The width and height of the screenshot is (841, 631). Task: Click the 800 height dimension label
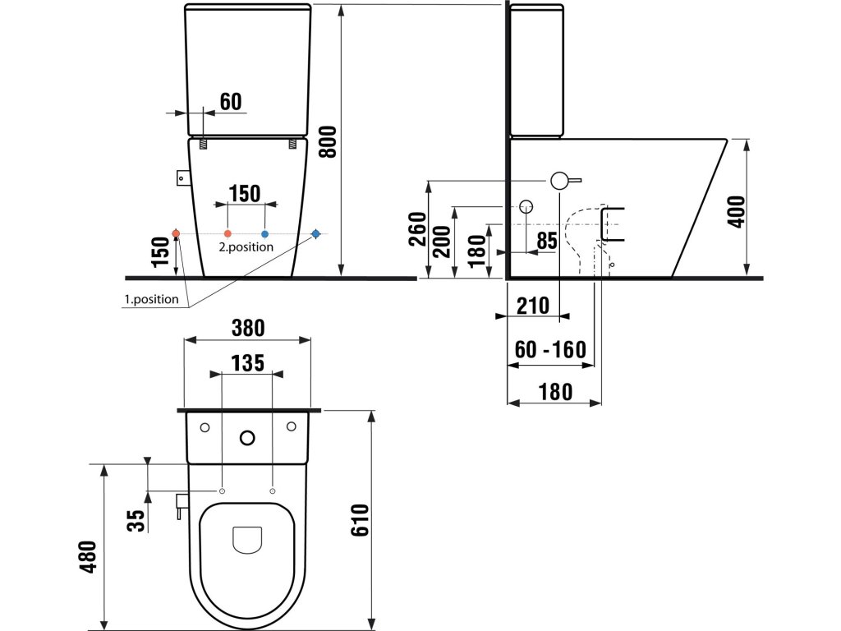point(327,141)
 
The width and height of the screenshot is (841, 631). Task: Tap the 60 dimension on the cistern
point(231,101)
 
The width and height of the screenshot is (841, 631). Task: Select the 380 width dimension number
point(248,327)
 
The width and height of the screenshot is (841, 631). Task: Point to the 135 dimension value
point(248,363)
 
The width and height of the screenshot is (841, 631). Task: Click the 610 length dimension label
point(360,520)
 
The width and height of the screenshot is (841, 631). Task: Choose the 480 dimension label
point(89,557)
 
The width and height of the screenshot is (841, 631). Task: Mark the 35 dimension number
point(137,520)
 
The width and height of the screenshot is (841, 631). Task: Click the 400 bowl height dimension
point(738,212)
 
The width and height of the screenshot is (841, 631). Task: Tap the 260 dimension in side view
point(417,229)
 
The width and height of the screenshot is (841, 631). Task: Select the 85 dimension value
point(546,241)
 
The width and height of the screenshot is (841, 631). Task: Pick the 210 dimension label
point(533,306)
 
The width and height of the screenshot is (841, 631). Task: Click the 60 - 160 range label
point(550,350)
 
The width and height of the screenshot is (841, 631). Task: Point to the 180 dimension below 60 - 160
point(555,392)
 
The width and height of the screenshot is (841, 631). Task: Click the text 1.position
point(152,299)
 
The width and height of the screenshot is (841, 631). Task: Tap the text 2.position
point(246,246)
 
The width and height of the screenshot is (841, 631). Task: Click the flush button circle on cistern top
point(247,439)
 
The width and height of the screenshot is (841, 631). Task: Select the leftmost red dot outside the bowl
point(176,233)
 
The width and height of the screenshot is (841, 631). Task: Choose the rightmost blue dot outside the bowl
point(316,233)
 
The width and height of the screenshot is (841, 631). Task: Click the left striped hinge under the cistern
point(204,144)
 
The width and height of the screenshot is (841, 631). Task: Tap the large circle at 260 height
point(558,181)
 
